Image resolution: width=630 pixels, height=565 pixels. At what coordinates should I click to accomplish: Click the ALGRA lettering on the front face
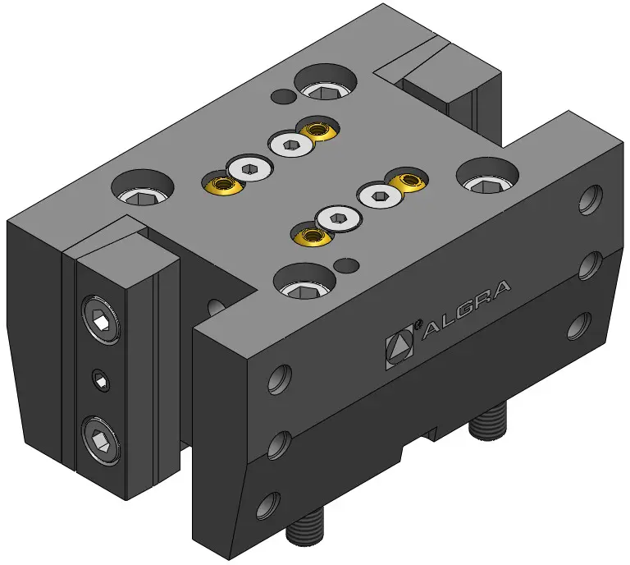[x=466, y=310]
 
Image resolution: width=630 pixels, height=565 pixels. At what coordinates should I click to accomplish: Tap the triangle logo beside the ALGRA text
[x=399, y=347]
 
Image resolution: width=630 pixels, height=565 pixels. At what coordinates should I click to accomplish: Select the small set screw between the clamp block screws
[x=100, y=380]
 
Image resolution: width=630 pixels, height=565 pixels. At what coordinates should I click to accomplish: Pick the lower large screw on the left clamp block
[x=100, y=441]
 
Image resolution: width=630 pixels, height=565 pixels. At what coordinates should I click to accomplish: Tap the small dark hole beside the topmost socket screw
[x=283, y=96]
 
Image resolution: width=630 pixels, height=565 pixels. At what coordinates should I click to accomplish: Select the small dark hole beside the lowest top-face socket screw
[x=347, y=265]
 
